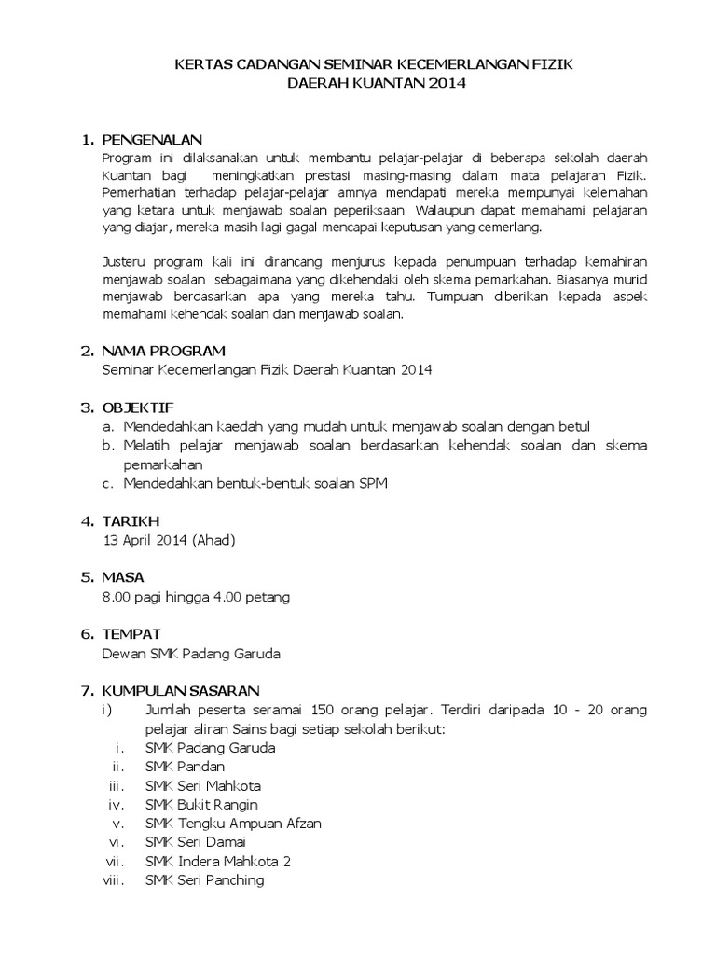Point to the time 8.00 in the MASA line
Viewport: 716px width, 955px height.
point(117,596)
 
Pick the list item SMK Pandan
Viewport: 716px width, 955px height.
point(185,767)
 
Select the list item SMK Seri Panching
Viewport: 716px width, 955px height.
point(204,880)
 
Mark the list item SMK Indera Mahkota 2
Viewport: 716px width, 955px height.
point(212,861)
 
